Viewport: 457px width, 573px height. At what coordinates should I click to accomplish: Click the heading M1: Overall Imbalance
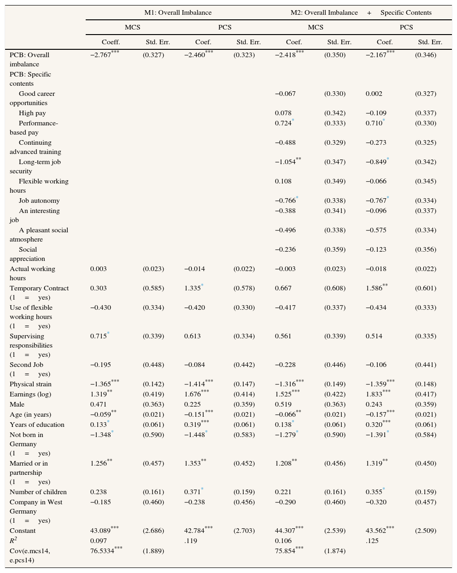click(178, 12)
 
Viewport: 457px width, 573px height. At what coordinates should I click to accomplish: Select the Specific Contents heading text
click(406, 12)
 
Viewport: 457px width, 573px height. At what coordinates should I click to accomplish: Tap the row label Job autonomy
click(39, 201)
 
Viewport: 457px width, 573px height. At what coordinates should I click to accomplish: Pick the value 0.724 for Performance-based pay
click(283, 123)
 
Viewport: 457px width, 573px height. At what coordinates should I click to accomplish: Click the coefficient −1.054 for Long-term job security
click(286, 162)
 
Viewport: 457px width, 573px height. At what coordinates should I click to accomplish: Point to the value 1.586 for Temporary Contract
click(374, 288)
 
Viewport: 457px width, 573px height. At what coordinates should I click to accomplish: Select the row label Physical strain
click(31, 384)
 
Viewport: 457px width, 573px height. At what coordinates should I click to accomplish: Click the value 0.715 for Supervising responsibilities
click(98, 336)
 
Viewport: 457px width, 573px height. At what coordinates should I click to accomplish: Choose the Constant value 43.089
click(102, 531)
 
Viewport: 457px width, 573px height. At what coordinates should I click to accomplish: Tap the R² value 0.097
click(98, 541)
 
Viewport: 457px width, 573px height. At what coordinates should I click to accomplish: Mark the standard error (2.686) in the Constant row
click(153, 531)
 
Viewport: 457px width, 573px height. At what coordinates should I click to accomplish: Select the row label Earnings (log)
click(30, 394)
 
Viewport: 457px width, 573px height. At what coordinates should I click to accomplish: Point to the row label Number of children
click(38, 492)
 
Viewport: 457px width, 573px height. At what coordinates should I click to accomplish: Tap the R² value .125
click(372, 541)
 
